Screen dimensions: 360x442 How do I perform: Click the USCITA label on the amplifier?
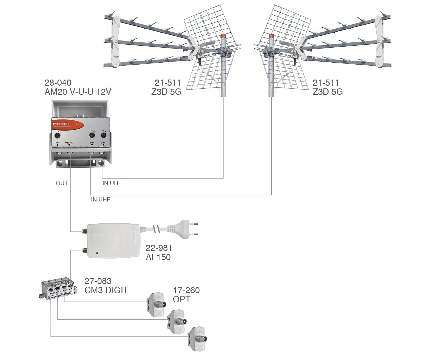(x=69, y=143)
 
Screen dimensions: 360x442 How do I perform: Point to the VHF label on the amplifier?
(x=58, y=143)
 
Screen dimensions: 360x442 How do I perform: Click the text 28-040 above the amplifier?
(x=58, y=83)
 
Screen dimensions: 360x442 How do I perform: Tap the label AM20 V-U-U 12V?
(x=78, y=92)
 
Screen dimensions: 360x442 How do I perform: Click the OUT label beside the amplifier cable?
(x=62, y=183)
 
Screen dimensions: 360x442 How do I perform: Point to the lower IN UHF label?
(x=100, y=200)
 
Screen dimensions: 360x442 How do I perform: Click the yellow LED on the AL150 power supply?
(x=96, y=253)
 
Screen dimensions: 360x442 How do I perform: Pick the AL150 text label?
(x=158, y=257)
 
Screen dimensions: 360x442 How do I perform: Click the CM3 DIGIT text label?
(x=106, y=290)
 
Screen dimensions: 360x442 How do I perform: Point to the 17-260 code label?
(x=186, y=290)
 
